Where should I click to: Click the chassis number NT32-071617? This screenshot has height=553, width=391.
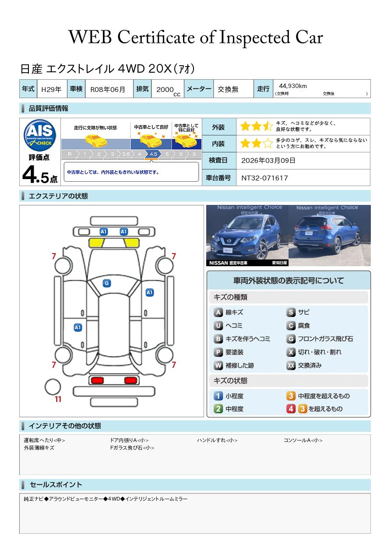pos(264,178)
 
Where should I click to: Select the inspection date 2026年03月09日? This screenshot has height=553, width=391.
pos(268,161)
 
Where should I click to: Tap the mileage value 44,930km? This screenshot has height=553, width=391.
pos(293,86)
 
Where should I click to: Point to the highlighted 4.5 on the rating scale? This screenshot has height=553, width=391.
pos(153,154)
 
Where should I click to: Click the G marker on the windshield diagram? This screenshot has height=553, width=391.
pos(106,283)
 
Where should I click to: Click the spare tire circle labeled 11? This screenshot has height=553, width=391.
pos(53,387)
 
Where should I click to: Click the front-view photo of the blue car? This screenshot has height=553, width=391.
pos(247,236)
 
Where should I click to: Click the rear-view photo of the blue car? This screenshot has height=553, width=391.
pos(329,236)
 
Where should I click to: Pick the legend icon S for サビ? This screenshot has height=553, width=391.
pos(291,313)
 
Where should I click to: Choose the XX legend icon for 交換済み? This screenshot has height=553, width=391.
pos(291,366)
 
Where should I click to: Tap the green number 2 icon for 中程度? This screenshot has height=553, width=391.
pos(218,409)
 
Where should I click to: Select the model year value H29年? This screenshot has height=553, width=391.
pos(51,89)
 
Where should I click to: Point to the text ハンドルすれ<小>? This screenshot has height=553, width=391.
pos(217,440)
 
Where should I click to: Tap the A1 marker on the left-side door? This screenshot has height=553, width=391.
pos(78,328)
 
